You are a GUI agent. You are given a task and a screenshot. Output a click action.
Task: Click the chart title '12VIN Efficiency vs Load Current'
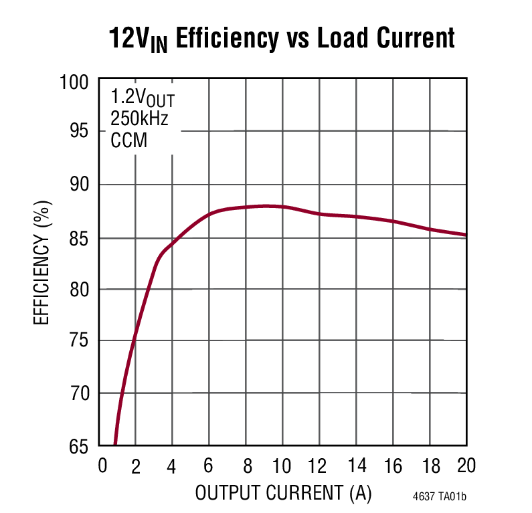pos(282,38)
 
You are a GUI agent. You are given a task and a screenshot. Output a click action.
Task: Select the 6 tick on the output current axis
pos(209,466)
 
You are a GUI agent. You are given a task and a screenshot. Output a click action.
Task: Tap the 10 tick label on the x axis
pos(282,466)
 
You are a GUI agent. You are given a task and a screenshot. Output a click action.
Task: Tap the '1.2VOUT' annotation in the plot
pos(143,100)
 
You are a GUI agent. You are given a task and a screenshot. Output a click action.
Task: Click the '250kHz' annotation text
pos(139,120)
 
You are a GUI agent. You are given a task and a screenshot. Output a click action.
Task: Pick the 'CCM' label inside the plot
pos(128,140)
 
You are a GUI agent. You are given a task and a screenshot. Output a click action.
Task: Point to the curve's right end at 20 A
pos(465,235)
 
